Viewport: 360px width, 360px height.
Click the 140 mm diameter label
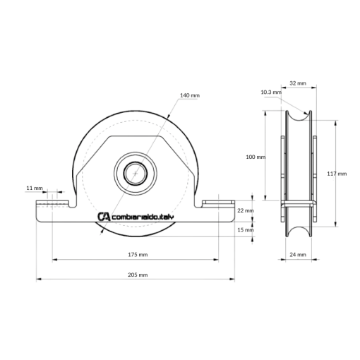pos(190,95)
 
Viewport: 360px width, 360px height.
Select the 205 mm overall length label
pos(138,275)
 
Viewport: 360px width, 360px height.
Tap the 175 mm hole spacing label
pos(138,255)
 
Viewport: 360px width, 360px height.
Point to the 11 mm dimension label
pos(35,188)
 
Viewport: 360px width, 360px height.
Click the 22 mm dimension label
pos(246,210)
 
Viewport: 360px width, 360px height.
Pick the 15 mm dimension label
pos(246,229)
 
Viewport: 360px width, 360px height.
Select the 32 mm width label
pos(298,83)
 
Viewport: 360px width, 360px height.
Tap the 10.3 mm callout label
pos(271,92)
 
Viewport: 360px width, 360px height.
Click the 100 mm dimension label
pos(256,157)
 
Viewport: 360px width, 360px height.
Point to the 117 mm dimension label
pos(337,174)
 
